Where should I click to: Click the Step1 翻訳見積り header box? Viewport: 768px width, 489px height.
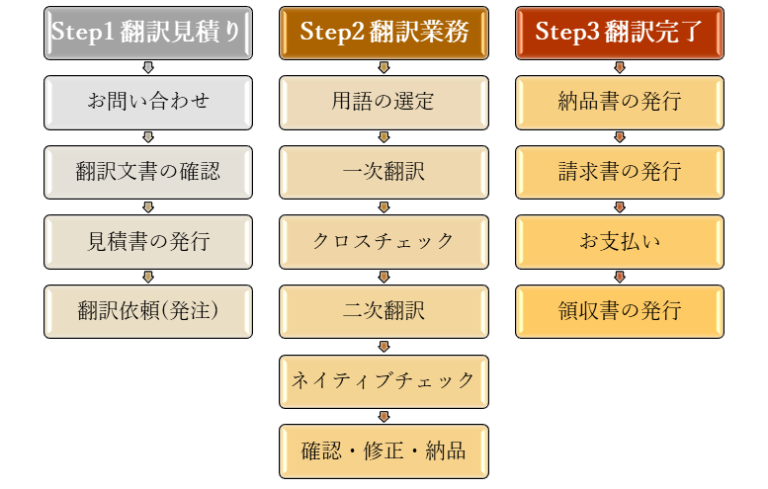pos(147,32)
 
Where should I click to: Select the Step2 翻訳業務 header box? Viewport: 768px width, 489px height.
pos(384,32)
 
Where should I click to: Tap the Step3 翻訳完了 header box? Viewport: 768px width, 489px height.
pos(619,32)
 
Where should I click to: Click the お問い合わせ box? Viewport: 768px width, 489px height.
pos(147,102)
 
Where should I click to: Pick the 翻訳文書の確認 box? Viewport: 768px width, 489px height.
pos(147,172)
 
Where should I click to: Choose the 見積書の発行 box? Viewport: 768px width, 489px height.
pos(147,241)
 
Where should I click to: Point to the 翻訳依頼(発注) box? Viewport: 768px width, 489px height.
pos(147,311)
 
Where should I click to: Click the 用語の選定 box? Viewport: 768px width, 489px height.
pos(384,102)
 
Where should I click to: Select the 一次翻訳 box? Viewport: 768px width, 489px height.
pos(384,172)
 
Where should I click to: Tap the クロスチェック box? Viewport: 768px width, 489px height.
pos(384,241)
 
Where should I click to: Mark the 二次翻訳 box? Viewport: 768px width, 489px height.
pos(384,311)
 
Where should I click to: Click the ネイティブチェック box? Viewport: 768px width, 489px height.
pos(384,380)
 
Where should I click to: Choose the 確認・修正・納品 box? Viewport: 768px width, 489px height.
pos(384,450)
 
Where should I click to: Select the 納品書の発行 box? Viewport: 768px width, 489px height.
pos(619,102)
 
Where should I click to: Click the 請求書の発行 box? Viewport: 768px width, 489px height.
pos(619,172)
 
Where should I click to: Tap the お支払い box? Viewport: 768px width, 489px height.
pos(619,241)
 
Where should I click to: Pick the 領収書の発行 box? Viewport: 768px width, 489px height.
pos(619,311)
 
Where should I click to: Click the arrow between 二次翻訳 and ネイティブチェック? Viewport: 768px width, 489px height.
pos(384,347)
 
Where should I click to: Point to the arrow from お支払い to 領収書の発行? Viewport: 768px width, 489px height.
pos(619,277)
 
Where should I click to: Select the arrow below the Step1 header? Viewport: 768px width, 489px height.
pos(147,67)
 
